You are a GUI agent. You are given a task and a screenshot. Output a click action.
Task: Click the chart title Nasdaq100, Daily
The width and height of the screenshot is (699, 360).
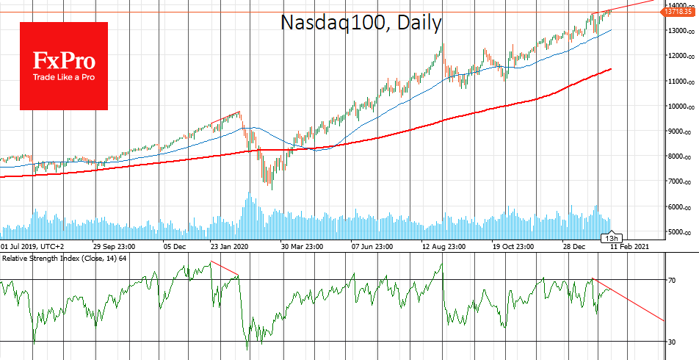click(361, 23)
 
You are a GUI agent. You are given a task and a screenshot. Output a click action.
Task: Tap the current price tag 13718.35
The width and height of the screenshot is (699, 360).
click(682, 12)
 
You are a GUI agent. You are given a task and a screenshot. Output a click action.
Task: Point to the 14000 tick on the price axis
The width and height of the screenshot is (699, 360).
click(679, 5)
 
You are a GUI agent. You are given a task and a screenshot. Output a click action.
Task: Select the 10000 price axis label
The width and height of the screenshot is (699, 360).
click(679, 106)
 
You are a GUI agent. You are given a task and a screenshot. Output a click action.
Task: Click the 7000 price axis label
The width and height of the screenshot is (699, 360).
click(679, 181)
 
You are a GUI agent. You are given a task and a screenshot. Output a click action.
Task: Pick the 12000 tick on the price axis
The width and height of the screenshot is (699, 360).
click(679, 56)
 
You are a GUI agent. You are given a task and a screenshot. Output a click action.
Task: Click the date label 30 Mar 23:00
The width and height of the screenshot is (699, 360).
click(306, 247)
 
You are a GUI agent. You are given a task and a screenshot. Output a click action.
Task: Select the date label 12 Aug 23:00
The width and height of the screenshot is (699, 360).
click(446, 247)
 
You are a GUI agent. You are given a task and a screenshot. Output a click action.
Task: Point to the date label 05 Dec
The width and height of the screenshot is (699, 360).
click(175, 247)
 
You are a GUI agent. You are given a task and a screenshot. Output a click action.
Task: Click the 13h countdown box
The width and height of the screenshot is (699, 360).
click(612, 238)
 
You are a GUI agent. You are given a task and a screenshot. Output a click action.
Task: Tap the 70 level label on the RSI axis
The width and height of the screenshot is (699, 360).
click(672, 281)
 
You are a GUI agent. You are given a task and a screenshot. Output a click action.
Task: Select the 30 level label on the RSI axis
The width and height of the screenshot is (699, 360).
click(672, 342)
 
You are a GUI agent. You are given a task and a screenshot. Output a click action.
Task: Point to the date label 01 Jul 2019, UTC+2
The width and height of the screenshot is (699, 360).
click(32, 247)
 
